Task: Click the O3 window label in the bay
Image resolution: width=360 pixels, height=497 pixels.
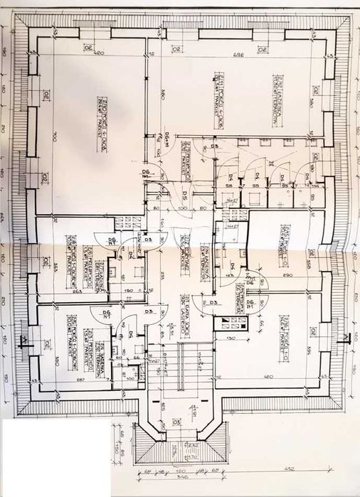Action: [x=177, y=421]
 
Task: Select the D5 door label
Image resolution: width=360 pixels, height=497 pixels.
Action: [x=183, y=194]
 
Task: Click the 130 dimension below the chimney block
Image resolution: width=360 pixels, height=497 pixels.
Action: [x=232, y=337]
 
